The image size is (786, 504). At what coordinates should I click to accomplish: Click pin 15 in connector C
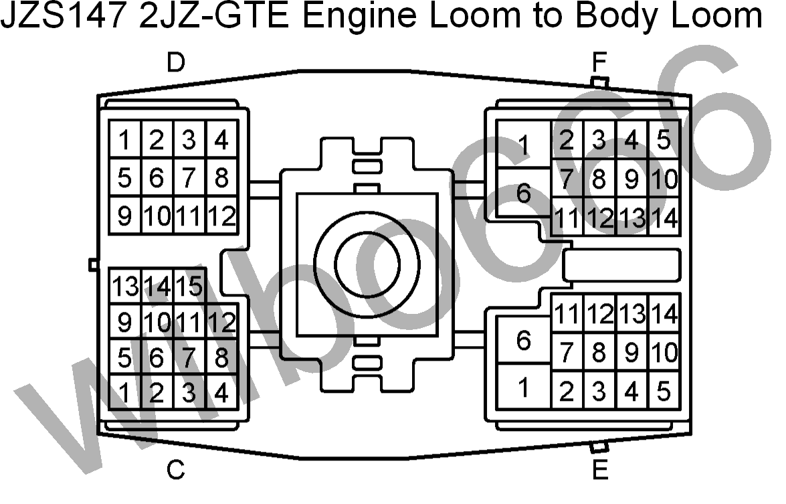(x=189, y=286)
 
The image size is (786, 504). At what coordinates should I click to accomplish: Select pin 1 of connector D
(x=125, y=139)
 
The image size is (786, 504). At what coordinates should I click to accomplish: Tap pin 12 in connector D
(x=221, y=216)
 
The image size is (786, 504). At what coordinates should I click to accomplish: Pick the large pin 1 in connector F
(x=523, y=144)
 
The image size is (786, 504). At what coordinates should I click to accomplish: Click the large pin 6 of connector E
(x=523, y=341)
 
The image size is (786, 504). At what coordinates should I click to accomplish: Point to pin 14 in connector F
(x=664, y=218)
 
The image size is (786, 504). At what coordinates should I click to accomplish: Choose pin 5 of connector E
(x=664, y=390)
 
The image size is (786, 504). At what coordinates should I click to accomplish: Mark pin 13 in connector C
(x=125, y=286)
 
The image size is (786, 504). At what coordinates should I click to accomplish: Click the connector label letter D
(x=176, y=62)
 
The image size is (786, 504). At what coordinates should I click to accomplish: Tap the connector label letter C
(x=176, y=470)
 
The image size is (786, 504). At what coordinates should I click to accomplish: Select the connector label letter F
(x=599, y=62)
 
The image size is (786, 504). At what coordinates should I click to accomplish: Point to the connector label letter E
(x=600, y=470)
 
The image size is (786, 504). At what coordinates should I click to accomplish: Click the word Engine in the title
(x=359, y=17)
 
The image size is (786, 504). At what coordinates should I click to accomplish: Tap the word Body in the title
(x=617, y=17)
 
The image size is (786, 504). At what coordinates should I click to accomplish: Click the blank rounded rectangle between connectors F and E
(x=621, y=264)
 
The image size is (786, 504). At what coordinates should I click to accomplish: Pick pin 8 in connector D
(x=221, y=177)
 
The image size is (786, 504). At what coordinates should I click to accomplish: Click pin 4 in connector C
(x=221, y=392)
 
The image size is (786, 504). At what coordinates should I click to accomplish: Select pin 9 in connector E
(x=631, y=352)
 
